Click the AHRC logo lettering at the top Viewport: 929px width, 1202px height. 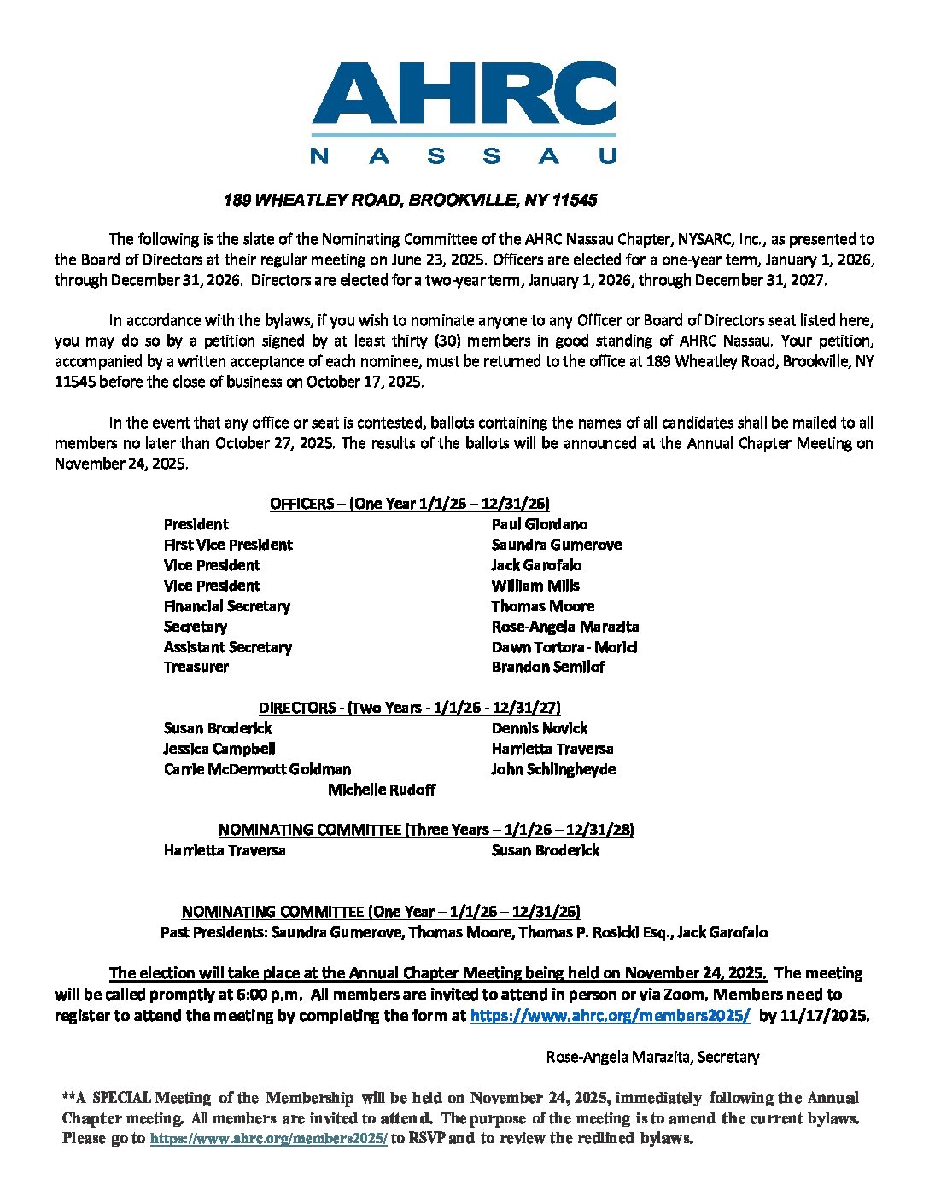[x=464, y=94]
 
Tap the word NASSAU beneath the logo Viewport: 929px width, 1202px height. [x=464, y=155]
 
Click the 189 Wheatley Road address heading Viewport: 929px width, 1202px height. [x=410, y=201]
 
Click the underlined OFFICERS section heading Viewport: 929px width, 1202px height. [x=409, y=504]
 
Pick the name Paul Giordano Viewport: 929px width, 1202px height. [x=539, y=524]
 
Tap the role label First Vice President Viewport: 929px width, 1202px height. [x=228, y=545]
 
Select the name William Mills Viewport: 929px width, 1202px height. [x=535, y=586]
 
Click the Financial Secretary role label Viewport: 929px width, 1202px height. [x=227, y=606]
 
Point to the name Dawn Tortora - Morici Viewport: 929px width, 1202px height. [x=564, y=647]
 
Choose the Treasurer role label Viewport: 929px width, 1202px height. [x=196, y=667]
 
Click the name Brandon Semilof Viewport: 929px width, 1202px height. [x=547, y=667]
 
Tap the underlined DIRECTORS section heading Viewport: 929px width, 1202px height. [x=409, y=708]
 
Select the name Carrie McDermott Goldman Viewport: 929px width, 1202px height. [x=257, y=769]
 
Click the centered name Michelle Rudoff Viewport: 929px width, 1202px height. [x=382, y=790]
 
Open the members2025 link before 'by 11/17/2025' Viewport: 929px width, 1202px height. [x=611, y=1016]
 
